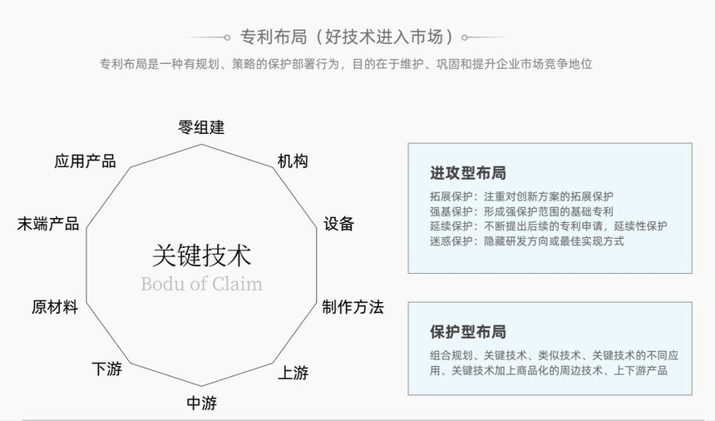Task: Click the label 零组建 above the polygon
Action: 201,127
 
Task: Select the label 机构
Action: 293,161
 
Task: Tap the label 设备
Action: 339,224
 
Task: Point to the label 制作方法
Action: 353,307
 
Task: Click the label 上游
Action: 293,373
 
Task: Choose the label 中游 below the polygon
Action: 201,403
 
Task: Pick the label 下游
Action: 106,369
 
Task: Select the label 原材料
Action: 55,307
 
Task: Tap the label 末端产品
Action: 48,224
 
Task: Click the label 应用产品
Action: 85,161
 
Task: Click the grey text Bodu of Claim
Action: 201,284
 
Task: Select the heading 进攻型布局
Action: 468,173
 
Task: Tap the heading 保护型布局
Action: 468,332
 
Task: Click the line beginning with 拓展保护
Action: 521,196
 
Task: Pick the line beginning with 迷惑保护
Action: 526,240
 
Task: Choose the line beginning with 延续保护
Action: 548,226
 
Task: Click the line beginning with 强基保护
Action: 521,211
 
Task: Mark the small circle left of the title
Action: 227,37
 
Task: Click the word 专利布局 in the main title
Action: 274,37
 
